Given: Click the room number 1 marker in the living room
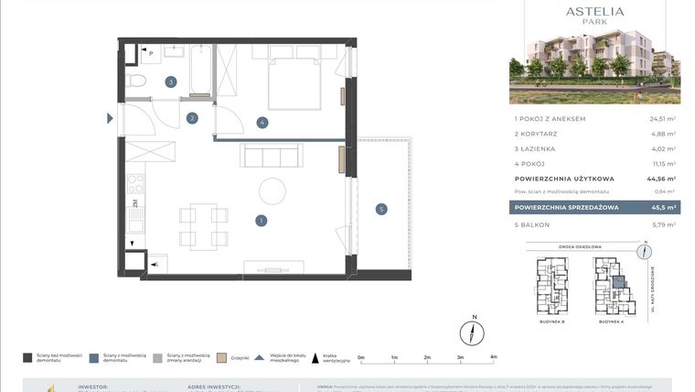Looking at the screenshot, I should point(262,220).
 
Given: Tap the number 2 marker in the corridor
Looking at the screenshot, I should point(192,117).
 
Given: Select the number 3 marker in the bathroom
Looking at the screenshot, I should point(170,82).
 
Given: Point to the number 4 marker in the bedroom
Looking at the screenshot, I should point(262,122).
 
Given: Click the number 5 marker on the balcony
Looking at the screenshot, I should point(381,209).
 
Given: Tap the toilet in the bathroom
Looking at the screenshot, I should point(137,83).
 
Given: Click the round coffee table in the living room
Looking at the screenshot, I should point(273,191).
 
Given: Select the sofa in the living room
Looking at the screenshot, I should point(270,156).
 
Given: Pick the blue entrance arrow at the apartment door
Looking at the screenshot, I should point(111,117).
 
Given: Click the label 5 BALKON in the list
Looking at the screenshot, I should point(537,224).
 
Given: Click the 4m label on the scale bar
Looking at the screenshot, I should point(493,357).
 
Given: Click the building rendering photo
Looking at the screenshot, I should point(594,69).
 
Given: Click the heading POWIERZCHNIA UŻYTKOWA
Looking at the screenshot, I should point(564,179).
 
